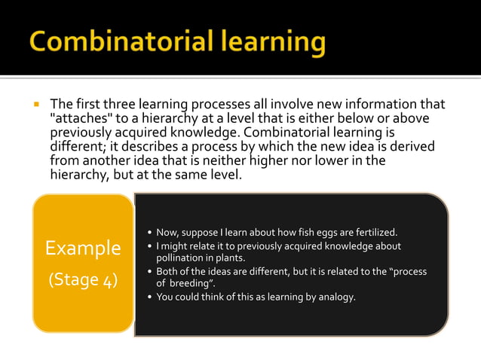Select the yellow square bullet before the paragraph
pos(35,104)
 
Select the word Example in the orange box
pos(83,248)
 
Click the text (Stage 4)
pos(83,279)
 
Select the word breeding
pos(191,284)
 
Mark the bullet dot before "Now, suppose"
pos(149,232)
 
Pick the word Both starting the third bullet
pos(168,271)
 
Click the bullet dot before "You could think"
pos(149,297)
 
